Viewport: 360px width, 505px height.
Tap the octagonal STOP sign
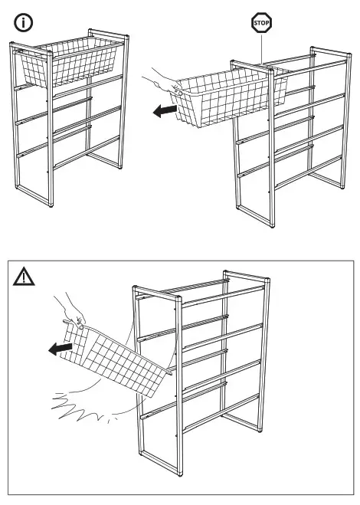coord(262,23)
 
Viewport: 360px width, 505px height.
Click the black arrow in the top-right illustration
coord(163,112)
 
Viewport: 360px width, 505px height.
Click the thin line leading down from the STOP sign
coord(262,50)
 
